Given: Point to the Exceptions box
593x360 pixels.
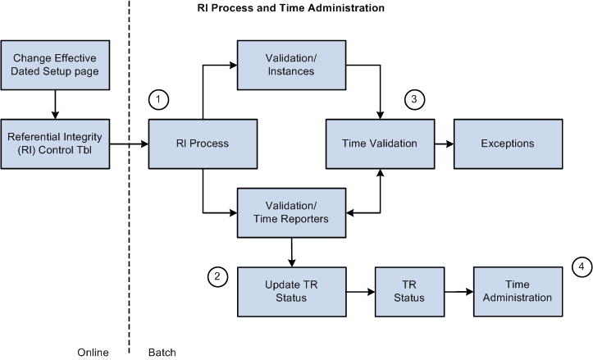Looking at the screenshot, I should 508,144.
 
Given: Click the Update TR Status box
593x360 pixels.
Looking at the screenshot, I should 286,291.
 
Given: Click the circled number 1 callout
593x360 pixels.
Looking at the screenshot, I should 159,99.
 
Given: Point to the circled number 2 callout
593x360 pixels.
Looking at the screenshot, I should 217,277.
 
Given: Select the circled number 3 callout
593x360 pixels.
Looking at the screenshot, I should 415,99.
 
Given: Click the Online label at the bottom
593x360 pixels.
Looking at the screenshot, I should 92,352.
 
